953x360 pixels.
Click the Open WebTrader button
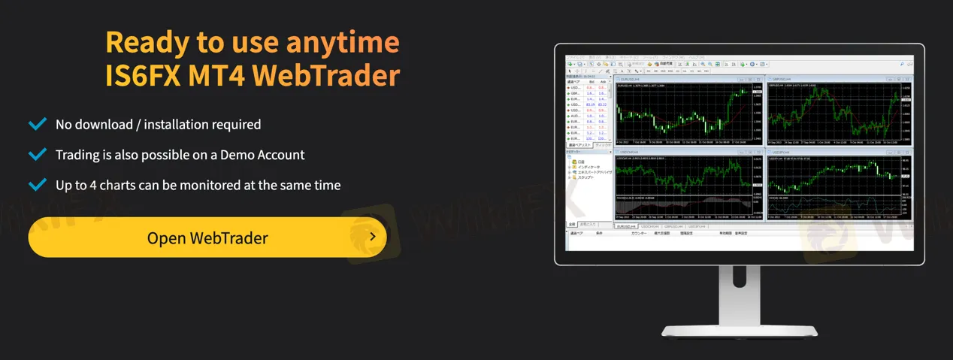(207, 238)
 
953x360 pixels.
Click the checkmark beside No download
(37, 124)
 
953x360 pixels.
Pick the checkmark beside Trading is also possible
(37, 155)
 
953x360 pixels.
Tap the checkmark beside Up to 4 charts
(37, 185)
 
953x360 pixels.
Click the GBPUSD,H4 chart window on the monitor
(838, 113)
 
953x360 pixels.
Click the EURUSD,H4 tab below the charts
(626, 226)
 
